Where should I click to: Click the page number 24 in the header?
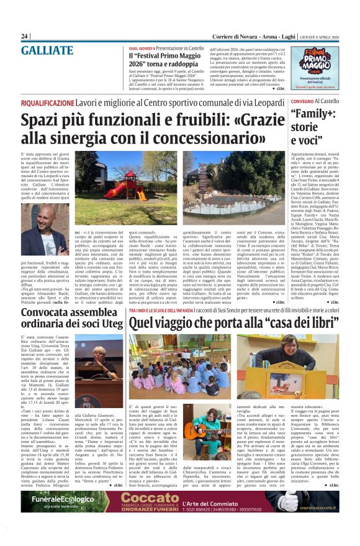pos(25,36)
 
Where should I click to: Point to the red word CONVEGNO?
pos(302,101)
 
